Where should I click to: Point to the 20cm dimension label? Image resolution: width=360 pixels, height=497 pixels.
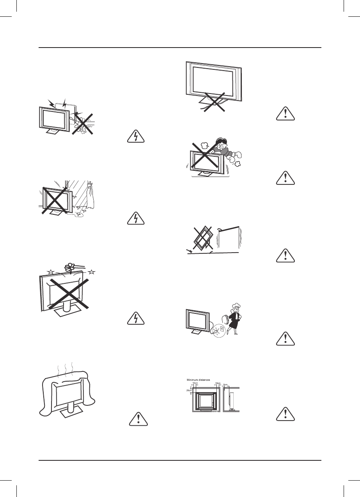(x=189, y=390)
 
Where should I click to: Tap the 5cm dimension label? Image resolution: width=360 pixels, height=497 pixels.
(x=225, y=384)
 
